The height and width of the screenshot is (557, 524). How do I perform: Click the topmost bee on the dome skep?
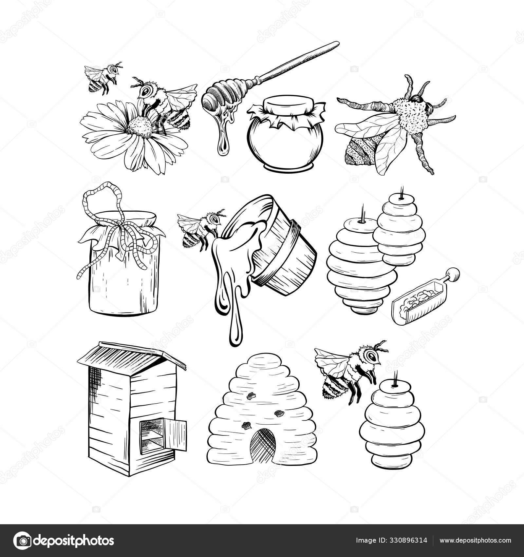tap(252, 397)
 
